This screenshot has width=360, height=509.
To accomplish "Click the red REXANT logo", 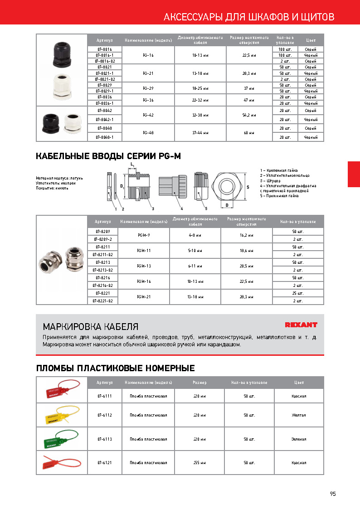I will pyautogui.click(x=301, y=325).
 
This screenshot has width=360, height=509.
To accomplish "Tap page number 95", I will pyautogui.click(x=333, y=494).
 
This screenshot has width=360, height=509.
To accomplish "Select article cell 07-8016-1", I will pyautogui.click(x=104, y=55).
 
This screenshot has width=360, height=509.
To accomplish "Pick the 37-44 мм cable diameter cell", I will pyautogui.click(x=200, y=133).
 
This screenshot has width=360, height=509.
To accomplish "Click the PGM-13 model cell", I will pyautogui.click(x=144, y=266).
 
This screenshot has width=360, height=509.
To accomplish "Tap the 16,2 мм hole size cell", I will pyautogui.click(x=246, y=235).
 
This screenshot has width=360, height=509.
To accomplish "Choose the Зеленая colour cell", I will pyautogui.click(x=298, y=439).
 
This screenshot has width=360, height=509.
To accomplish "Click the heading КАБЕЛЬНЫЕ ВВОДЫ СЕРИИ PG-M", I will pyautogui.click(x=108, y=157).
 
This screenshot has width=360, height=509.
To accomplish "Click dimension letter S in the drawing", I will pyautogui.click(x=248, y=186).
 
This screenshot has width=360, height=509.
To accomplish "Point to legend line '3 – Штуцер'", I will pyautogui.click(x=273, y=180).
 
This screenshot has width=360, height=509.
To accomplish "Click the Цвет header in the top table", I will pyautogui.click(x=311, y=40).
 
